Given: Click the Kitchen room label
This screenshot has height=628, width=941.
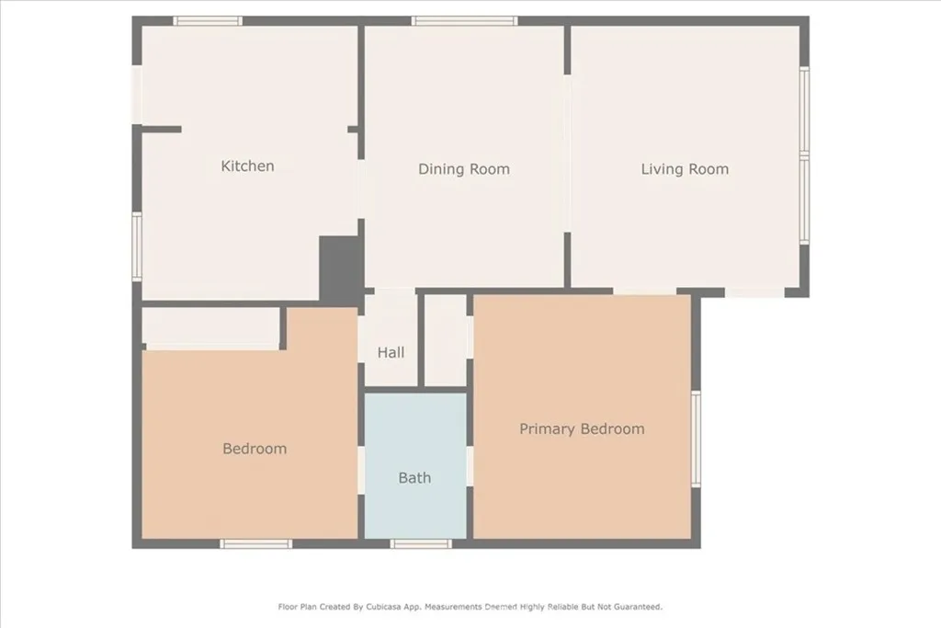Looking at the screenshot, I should pos(247,166).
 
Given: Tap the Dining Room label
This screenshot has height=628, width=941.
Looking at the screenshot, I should pos(463,169).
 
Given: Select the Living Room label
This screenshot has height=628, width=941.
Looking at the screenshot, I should pos(685,169).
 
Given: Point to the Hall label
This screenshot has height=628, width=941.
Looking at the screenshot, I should pos(391,352).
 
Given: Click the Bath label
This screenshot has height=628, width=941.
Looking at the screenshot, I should pos(414,478).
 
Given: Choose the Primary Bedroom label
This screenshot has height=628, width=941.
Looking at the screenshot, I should pos(582,428).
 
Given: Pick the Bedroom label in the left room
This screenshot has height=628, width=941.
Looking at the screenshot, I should pos(255,449).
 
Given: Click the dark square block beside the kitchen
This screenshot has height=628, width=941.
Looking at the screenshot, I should pos(339,267).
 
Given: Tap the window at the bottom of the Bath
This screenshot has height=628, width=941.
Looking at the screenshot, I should pos(421,543).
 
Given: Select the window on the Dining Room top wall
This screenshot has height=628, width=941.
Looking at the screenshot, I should pos(464,20).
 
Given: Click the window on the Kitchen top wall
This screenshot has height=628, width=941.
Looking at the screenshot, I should pos(208,20).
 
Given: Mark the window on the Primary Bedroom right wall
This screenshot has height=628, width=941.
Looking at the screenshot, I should pos(696,439).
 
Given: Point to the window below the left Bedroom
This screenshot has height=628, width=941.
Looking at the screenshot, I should pos(255,543).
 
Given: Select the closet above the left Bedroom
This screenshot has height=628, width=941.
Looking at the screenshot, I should pos(210,325).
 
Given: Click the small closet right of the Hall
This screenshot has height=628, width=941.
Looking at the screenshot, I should pos(446,340).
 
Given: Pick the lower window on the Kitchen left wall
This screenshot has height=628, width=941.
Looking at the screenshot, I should pos(136,245).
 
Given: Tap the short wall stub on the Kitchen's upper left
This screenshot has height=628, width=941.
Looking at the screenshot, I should pos(160,130).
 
